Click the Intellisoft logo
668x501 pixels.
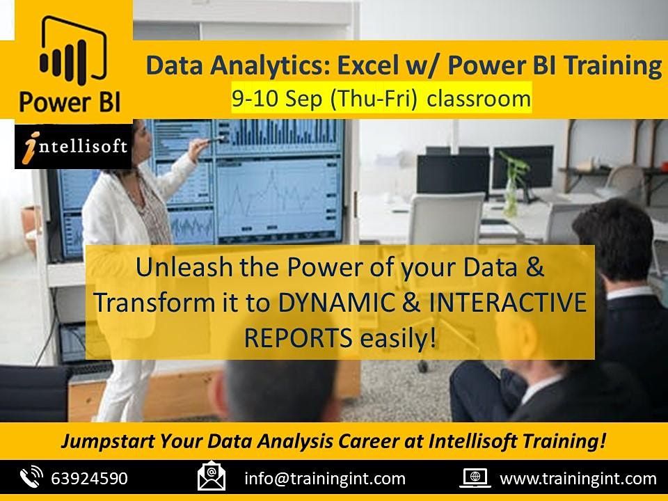coord(73,147)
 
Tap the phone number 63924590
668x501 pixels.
coord(89,479)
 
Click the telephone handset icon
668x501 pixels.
coord(31,479)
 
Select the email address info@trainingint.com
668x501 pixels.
coord(324,479)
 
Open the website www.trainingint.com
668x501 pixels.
coord(578,479)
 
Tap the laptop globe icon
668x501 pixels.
coord(478,479)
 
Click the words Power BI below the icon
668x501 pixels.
coord(70,102)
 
